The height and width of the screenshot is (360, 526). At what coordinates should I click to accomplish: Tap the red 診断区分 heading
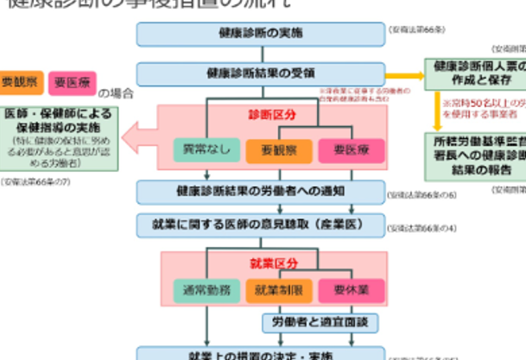[261, 115]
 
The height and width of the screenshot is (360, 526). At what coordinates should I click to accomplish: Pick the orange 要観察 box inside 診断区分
[278, 150]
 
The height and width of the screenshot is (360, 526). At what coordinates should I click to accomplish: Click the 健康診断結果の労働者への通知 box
[261, 191]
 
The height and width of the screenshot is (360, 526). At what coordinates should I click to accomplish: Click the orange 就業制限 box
[278, 290]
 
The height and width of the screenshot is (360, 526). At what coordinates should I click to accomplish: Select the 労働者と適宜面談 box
[320, 323]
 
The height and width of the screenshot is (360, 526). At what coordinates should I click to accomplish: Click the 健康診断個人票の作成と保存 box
[474, 73]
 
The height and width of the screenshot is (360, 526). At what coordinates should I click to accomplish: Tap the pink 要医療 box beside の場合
[73, 83]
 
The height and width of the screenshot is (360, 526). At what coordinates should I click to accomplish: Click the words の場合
[117, 92]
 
